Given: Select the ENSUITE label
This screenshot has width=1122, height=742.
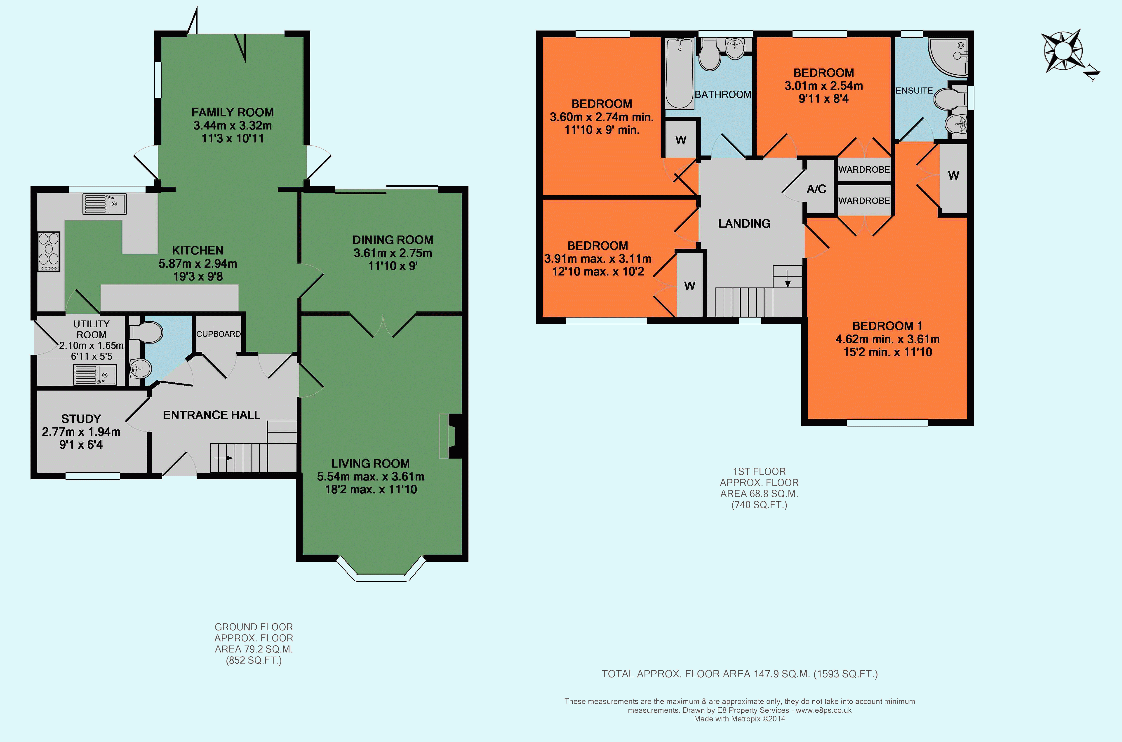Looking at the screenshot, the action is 914,90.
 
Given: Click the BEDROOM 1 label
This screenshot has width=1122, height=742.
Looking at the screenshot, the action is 887,325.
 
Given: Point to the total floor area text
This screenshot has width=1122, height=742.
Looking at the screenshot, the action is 739,674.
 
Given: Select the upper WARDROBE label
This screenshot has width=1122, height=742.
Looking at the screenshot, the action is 864,170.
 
